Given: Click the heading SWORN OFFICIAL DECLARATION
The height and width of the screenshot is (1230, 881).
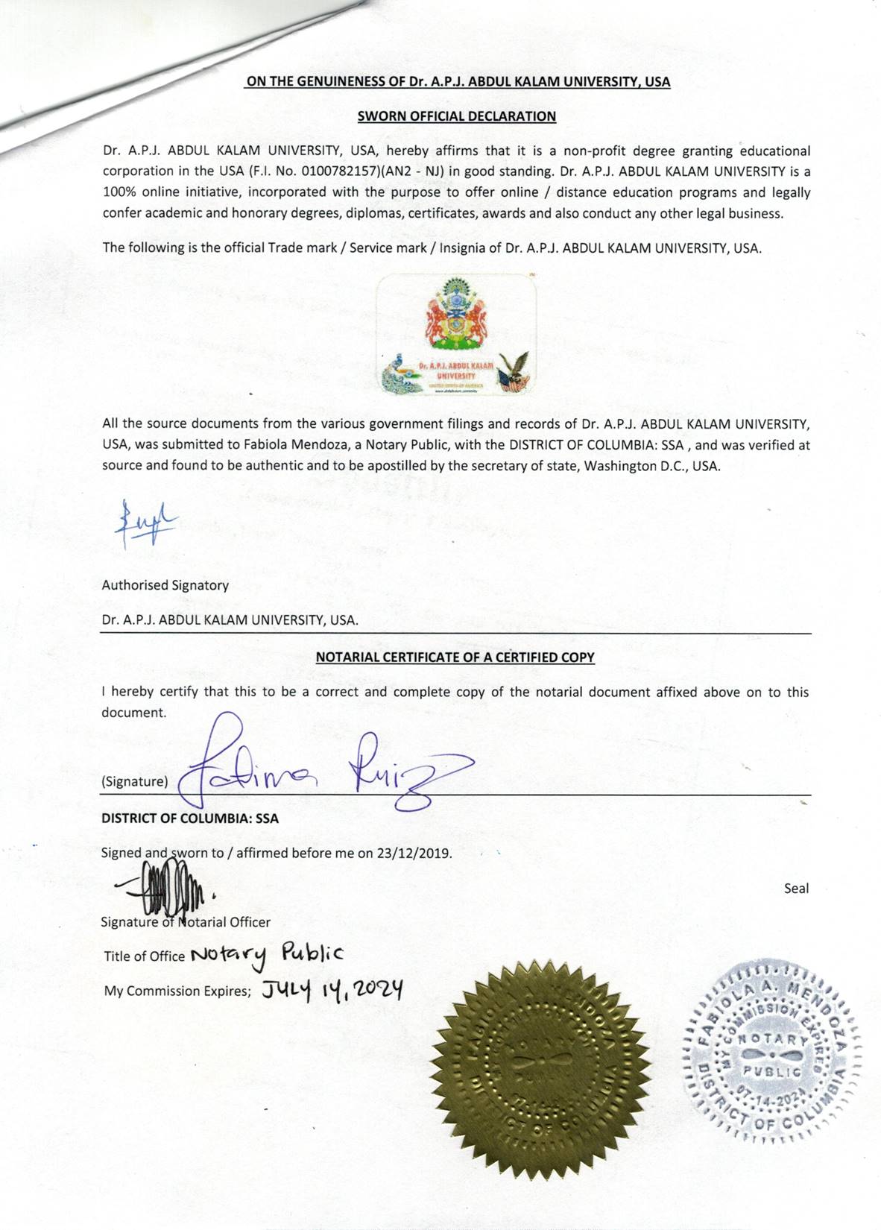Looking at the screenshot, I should [x=456, y=116].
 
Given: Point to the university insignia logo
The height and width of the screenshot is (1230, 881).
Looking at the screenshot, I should [x=456, y=333].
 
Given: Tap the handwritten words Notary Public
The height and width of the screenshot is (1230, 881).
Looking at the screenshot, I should [x=267, y=955].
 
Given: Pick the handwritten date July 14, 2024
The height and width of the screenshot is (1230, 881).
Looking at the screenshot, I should [x=332, y=990].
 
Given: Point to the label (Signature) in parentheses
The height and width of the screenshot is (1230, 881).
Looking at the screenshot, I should [x=135, y=781].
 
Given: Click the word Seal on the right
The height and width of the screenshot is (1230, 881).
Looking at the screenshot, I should [x=796, y=889].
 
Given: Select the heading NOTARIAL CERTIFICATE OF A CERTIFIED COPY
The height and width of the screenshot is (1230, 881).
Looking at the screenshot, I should [x=455, y=657].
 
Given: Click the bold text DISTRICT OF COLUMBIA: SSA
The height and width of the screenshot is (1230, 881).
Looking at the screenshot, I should [x=190, y=818].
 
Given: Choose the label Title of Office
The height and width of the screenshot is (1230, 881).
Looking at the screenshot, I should [x=144, y=956].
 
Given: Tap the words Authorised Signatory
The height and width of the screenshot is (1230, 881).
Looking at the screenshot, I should [x=165, y=585].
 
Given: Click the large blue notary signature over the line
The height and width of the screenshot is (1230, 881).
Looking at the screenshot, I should [x=320, y=768].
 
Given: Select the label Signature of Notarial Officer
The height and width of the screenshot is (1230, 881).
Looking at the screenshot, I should [x=186, y=922].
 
